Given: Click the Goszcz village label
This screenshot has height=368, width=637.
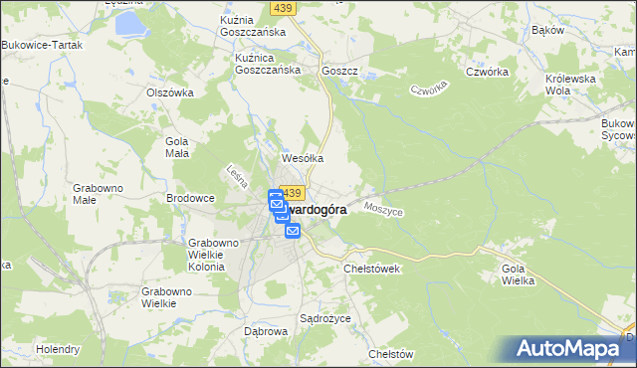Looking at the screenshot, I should point(339,72).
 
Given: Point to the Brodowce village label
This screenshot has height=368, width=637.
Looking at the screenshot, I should point(190,198).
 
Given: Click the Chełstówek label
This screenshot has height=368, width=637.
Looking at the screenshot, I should point(371,269).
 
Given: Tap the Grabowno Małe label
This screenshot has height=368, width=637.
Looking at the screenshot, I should point(98,192).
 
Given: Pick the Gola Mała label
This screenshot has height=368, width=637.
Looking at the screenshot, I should point(176,147).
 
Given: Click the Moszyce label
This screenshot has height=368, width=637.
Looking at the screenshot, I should point(383,210).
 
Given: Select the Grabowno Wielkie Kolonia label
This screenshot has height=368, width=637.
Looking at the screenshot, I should point(214,254).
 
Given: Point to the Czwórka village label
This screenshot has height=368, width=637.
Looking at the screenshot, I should point(488,72).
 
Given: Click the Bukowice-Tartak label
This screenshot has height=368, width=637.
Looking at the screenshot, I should point(41,46).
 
